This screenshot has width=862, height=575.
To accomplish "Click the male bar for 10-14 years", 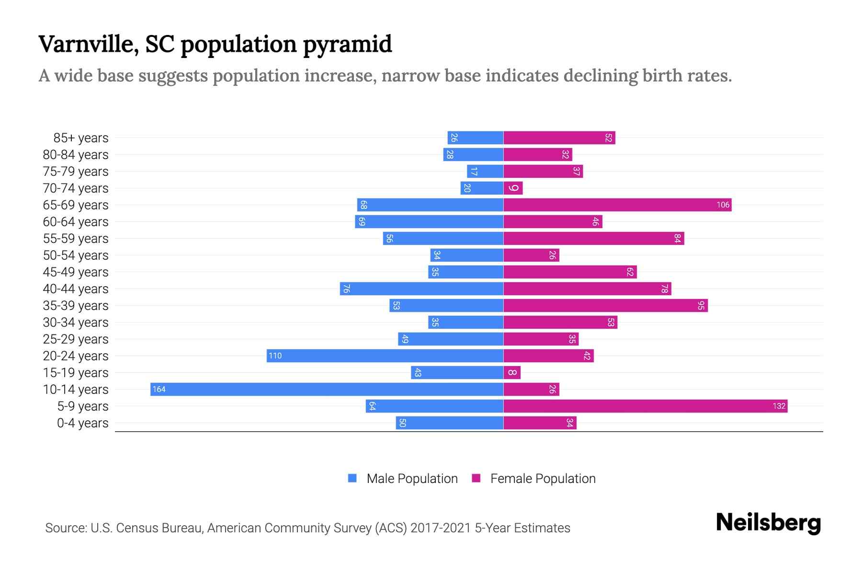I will (x=327, y=389).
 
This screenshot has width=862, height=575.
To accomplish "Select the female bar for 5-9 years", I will (x=645, y=406).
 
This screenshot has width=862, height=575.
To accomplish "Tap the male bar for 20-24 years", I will (x=385, y=356).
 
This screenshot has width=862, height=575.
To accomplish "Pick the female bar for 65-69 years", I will (x=617, y=205).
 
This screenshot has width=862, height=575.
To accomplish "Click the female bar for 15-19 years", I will (x=512, y=372).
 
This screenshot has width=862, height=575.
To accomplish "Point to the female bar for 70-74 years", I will (x=513, y=188).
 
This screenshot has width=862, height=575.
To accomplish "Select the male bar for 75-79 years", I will (x=485, y=171).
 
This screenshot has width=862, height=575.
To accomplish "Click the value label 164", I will (x=159, y=389).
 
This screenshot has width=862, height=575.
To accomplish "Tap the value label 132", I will (x=779, y=406).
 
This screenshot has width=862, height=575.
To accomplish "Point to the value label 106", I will (x=723, y=205).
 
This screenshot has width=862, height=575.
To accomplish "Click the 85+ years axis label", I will (x=81, y=138).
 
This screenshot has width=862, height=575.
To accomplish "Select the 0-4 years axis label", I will (x=82, y=423).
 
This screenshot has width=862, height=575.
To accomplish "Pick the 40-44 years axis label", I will (x=76, y=289).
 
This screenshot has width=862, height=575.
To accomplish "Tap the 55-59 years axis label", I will (x=76, y=239).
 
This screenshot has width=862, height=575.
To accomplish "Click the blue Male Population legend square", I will (x=352, y=478).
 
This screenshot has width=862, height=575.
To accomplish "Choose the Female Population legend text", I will (x=543, y=478).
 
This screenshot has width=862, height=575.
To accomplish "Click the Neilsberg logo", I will (x=768, y=523).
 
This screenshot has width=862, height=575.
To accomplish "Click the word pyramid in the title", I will (x=347, y=45).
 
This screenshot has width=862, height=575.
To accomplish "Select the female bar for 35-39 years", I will (x=605, y=305).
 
